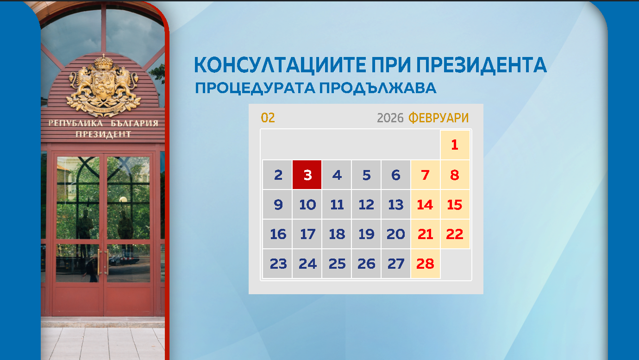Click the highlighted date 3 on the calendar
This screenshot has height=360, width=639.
[x=307, y=175]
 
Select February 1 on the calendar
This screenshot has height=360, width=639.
[x=455, y=145]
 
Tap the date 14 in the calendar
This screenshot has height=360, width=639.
[x=425, y=205]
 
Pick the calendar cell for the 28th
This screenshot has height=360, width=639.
[x=425, y=264]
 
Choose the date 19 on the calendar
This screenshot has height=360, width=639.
[x=366, y=234]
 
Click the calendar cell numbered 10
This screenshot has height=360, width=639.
[x=307, y=205]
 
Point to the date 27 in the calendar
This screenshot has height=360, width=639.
[x=396, y=264]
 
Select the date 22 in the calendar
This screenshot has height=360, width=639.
[x=455, y=234]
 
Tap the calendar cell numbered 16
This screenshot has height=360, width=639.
[x=278, y=234]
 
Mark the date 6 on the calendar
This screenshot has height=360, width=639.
[x=396, y=175]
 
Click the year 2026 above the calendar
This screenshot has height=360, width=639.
[x=390, y=118]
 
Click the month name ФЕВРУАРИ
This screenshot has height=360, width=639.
[x=438, y=118]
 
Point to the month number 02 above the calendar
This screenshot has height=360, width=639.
[x=268, y=118]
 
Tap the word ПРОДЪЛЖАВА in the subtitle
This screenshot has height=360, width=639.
[x=378, y=88]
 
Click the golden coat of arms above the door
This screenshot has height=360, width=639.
[x=103, y=86]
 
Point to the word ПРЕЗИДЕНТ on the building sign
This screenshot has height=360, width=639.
[x=103, y=134]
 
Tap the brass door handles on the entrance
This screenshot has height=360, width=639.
[x=103, y=262]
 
